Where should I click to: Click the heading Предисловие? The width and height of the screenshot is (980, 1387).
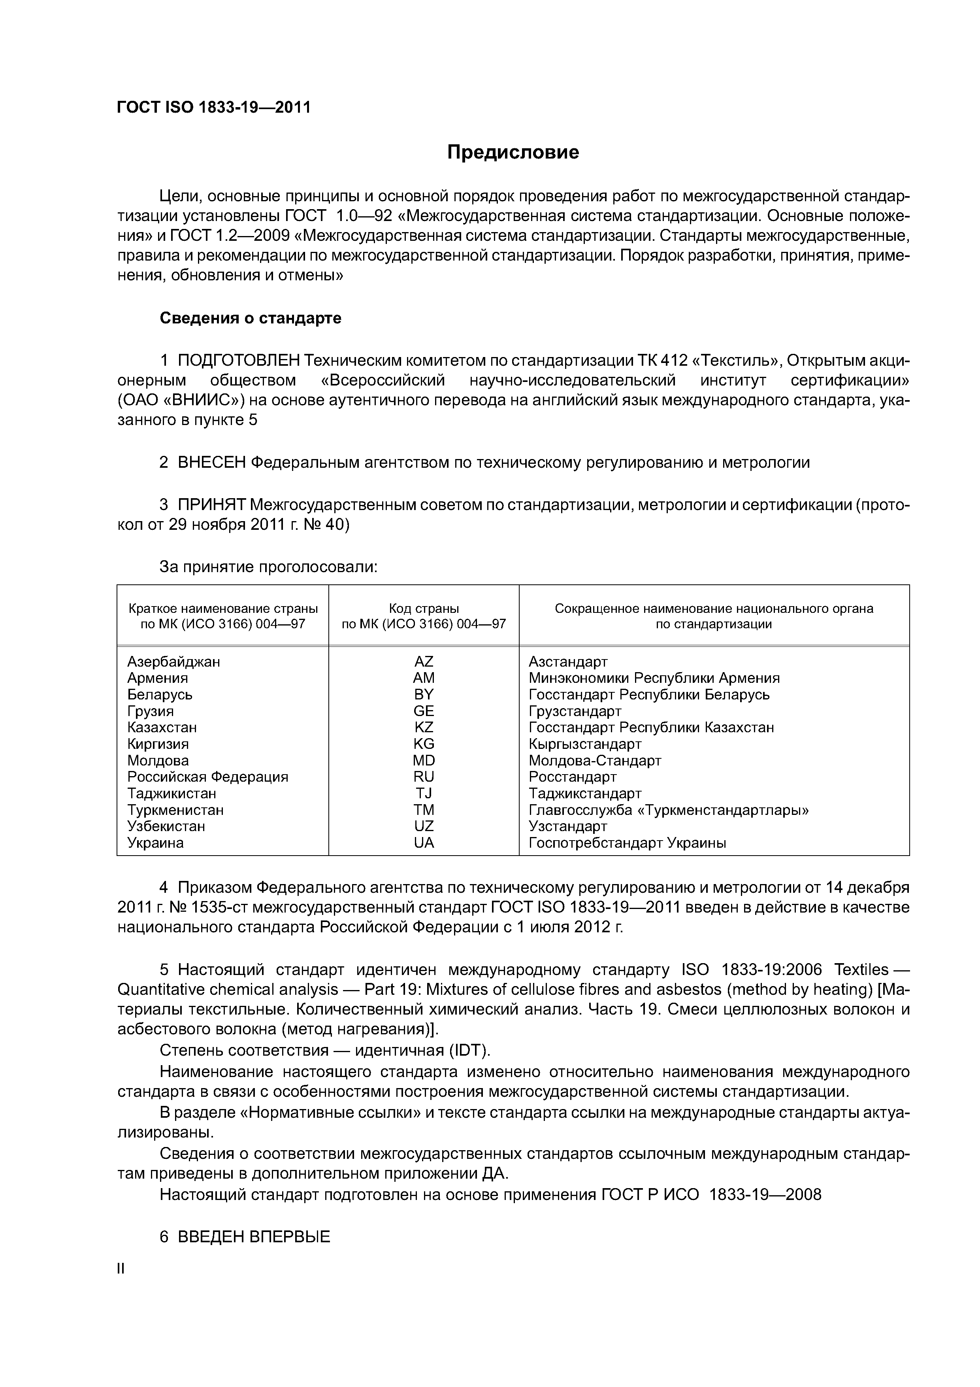pos(513,152)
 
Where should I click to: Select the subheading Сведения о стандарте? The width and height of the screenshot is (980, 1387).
pos(250,318)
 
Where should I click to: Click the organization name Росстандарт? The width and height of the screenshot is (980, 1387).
pos(573,777)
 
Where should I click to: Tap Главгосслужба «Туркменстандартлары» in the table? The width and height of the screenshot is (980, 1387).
pos(669,810)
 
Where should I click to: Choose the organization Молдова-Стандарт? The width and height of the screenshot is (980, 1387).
pos(595,761)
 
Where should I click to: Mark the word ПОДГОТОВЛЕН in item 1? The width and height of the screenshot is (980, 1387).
pos(239,361)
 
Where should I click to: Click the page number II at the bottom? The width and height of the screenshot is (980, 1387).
pos(120,1269)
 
